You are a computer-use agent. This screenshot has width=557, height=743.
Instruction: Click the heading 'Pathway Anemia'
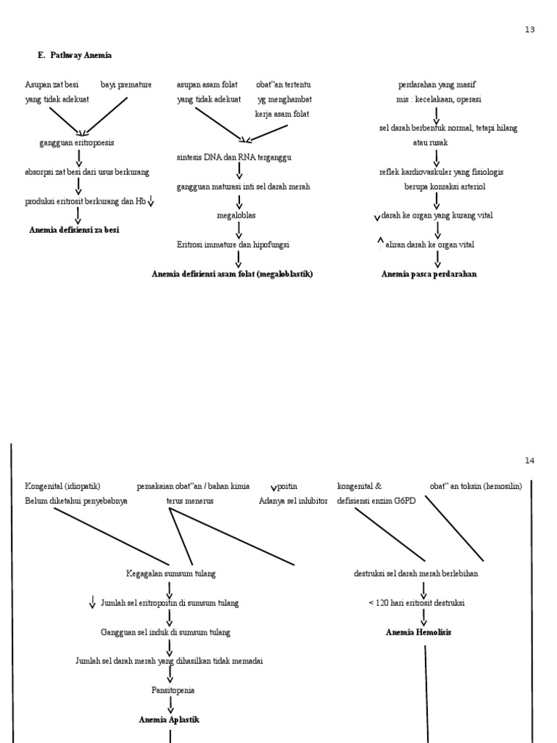tap(81, 55)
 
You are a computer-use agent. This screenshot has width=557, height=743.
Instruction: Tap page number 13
tap(529, 30)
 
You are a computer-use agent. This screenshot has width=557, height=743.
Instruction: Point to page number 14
tap(529, 461)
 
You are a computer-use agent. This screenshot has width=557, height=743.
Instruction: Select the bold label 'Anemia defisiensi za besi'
tap(74, 230)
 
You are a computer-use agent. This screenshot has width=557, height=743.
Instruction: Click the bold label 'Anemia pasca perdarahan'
tap(429, 274)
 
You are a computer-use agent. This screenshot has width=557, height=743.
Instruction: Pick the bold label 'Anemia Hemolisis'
tap(418, 632)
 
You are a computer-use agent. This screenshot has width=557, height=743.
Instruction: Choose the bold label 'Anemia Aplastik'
tap(169, 719)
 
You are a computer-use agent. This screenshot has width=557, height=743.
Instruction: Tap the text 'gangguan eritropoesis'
tap(76, 143)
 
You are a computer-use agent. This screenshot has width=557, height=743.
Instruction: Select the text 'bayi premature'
tap(126, 85)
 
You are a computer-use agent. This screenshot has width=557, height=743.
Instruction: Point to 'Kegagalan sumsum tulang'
tap(170, 573)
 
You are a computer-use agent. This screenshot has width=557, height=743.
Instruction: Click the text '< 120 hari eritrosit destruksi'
tap(416, 603)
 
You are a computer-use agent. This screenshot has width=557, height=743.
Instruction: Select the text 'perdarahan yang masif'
tap(437, 85)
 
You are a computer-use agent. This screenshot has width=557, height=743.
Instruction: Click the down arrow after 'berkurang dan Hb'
tap(151, 201)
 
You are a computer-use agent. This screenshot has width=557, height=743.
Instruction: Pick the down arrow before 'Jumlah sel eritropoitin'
tap(93, 602)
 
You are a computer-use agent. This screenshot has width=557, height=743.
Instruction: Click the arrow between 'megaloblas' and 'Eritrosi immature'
tap(239, 230)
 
